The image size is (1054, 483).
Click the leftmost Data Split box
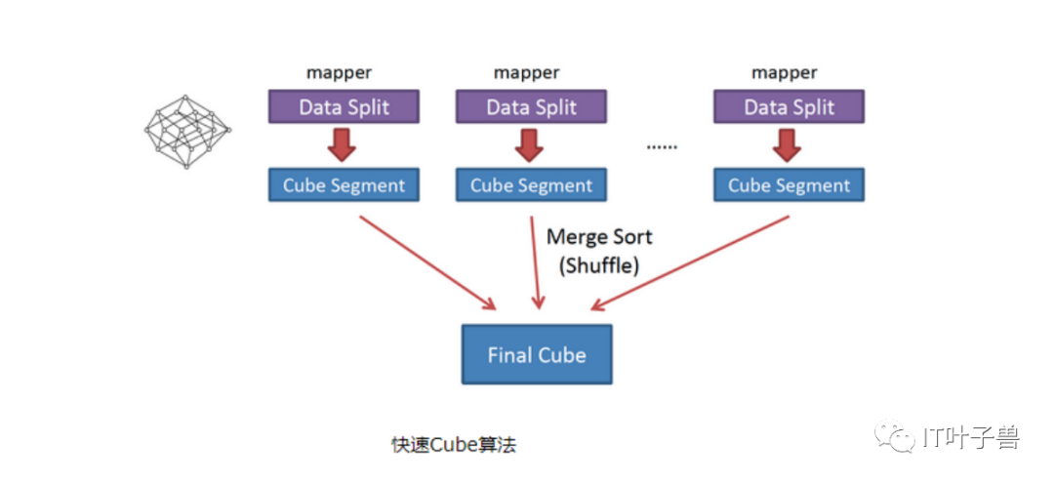[x=344, y=107]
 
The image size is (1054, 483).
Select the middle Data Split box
[x=531, y=107]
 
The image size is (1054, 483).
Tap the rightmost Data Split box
[x=789, y=107]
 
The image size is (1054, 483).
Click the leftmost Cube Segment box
[x=344, y=185]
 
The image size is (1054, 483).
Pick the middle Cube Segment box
[x=531, y=185]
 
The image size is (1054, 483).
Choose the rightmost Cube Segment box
[x=789, y=185]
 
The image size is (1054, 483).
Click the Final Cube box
[x=537, y=355]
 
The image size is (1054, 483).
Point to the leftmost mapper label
[x=339, y=72]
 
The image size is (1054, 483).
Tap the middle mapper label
[x=526, y=72]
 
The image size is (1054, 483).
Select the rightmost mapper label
[x=785, y=72]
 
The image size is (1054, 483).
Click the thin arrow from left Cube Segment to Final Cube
[x=427, y=262]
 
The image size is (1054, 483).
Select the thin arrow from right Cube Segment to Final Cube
[x=690, y=262]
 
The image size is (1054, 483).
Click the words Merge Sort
[x=599, y=237]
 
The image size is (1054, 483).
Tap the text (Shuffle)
[x=598, y=265]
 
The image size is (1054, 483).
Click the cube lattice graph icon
[x=187, y=131]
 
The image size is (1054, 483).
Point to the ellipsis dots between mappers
[x=662, y=147]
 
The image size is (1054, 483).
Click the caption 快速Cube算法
[x=455, y=445]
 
